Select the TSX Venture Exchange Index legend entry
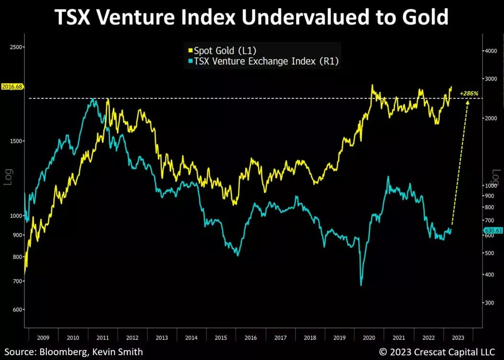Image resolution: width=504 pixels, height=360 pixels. coord(264,61)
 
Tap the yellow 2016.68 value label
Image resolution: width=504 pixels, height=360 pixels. coord(11,87)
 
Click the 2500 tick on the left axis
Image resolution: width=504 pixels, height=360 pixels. coord(16,47)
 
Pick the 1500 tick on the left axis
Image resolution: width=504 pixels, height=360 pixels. coord(16,141)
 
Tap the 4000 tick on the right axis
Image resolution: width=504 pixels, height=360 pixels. coord(491,51)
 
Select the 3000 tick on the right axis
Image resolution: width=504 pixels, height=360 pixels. coord(491,78)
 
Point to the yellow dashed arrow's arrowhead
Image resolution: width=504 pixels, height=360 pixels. coord(467,103)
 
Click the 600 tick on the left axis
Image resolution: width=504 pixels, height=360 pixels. coord(18,309)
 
